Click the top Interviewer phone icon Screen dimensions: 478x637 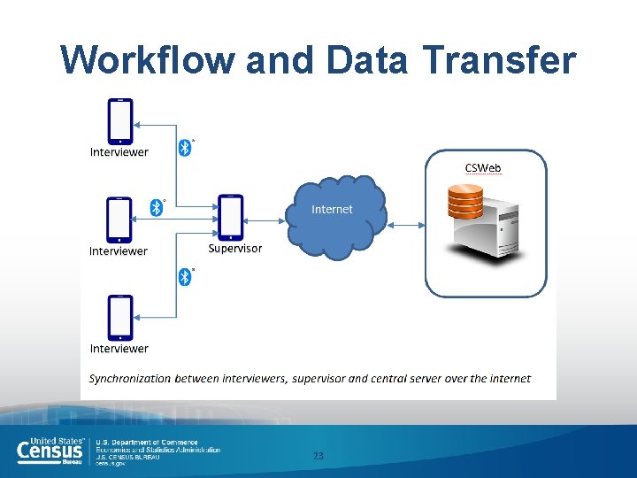coord(120,120)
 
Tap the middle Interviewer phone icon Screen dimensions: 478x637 coord(119,220)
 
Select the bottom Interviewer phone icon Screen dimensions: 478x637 coord(120,318)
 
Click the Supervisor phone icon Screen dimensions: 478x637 coord(230,217)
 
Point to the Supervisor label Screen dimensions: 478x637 coord(235,249)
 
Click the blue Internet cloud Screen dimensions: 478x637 coord(335,217)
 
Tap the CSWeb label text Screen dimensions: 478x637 coord(483,167)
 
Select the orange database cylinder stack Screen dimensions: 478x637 coord(465,202)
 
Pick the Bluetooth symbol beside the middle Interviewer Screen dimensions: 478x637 coord(157,208)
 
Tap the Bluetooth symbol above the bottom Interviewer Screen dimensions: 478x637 coord(185,277)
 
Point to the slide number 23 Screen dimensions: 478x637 coord(318,456)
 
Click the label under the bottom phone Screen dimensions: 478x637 coord(119,349)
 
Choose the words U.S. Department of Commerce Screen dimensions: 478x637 coord(147,443)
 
